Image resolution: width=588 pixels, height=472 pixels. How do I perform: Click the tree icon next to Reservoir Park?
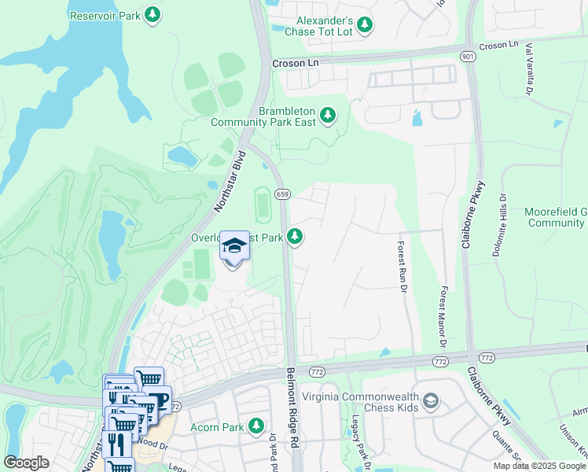click(x=153, y=15)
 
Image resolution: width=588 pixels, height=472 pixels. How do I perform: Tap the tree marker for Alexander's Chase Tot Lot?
click(x=364, y=26)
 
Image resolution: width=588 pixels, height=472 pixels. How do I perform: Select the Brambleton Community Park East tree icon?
click(x=328, y=116)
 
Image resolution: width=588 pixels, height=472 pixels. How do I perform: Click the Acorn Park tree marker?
click(x=255, y=426)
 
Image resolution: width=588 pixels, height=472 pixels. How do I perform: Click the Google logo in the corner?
click(x=27, y=463)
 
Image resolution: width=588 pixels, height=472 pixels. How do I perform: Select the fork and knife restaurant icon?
click(x=118, y=444)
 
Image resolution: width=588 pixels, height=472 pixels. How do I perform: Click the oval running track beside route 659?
click(x=262, y=205)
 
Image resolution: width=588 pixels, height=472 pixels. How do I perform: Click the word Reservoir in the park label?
click(x=93, y=15)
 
